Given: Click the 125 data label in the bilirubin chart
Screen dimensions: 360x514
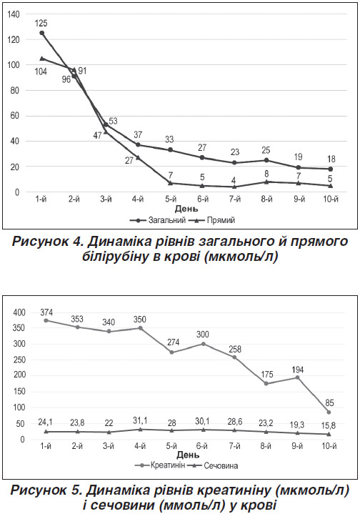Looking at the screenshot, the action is coord(41,24).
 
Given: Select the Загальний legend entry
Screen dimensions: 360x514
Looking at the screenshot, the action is coord(158,220).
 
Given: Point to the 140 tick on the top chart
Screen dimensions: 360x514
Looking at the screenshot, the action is coord(14,14).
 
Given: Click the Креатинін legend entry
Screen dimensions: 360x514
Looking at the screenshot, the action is coord(160,465).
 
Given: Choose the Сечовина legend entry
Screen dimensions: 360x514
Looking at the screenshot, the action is coord(214,465).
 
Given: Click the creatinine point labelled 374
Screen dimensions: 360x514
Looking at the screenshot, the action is coord(46,320).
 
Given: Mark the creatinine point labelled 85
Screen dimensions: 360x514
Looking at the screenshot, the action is coord(329,412).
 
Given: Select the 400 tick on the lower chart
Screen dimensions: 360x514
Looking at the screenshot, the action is coord(19,312).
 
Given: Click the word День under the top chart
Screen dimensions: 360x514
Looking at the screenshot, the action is coord(186,209).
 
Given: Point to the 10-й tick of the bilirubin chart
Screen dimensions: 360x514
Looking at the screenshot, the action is coord(331,199).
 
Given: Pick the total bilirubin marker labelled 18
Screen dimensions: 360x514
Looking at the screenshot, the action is coord(331,169).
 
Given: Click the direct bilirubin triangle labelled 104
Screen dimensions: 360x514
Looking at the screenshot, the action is coord(41,59).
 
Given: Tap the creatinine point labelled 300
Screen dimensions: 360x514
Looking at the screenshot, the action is coord(203,344).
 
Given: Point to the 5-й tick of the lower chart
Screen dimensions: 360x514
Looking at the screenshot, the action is coord(171,446).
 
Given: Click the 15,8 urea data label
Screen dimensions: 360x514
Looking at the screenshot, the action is coord(329,425).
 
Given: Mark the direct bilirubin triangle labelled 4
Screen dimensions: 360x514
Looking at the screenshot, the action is coord(234,187).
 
